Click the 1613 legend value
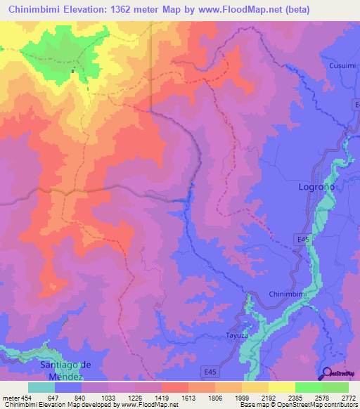(188, 397)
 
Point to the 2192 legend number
(268, 397)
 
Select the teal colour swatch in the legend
(41, 387)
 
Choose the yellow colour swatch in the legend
(281, 387)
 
